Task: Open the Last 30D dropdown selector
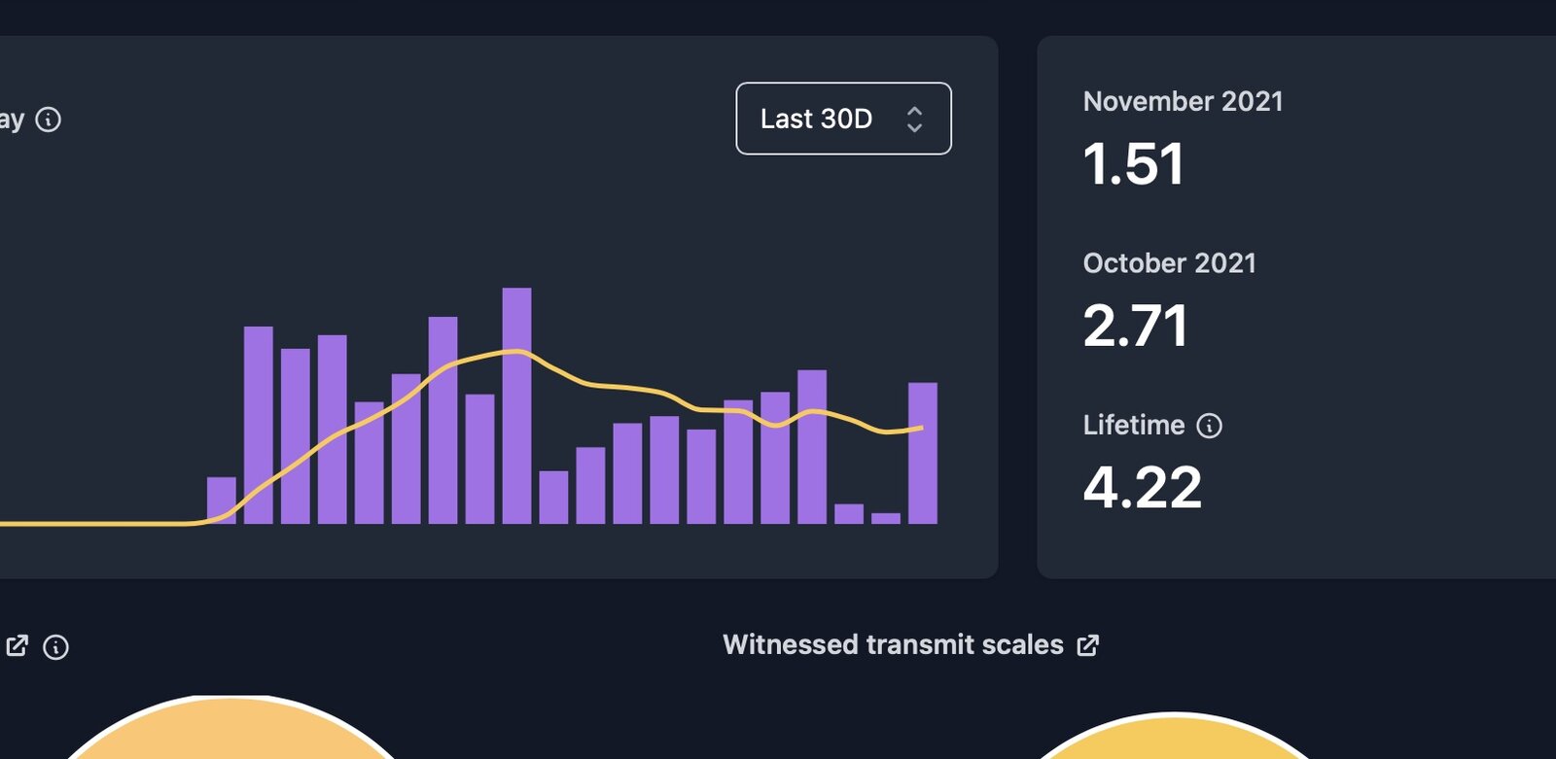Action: coord(842,119)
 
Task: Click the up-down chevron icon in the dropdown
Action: coord(914,120)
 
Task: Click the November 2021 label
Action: coord(1183,101)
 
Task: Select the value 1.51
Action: coord(1133,163)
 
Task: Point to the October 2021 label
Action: coord(1169,263)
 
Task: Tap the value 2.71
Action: coord(1135,326)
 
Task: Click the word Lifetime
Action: coord(1133,425)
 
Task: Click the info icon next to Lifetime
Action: coord(1209,426)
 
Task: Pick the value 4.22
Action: coord(1142,487)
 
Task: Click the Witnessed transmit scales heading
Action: coord(893,644)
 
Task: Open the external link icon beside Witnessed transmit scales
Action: coord(1088,645)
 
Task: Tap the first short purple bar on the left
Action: coord(222,500)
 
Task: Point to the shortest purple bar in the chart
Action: coord(886,518)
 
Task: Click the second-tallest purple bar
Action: coord(442,420)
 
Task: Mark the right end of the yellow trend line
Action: coord(921,428)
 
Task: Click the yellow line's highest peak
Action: coord(516,351)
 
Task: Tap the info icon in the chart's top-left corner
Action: coord(48,120)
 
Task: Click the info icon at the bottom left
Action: coord(55,647)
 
